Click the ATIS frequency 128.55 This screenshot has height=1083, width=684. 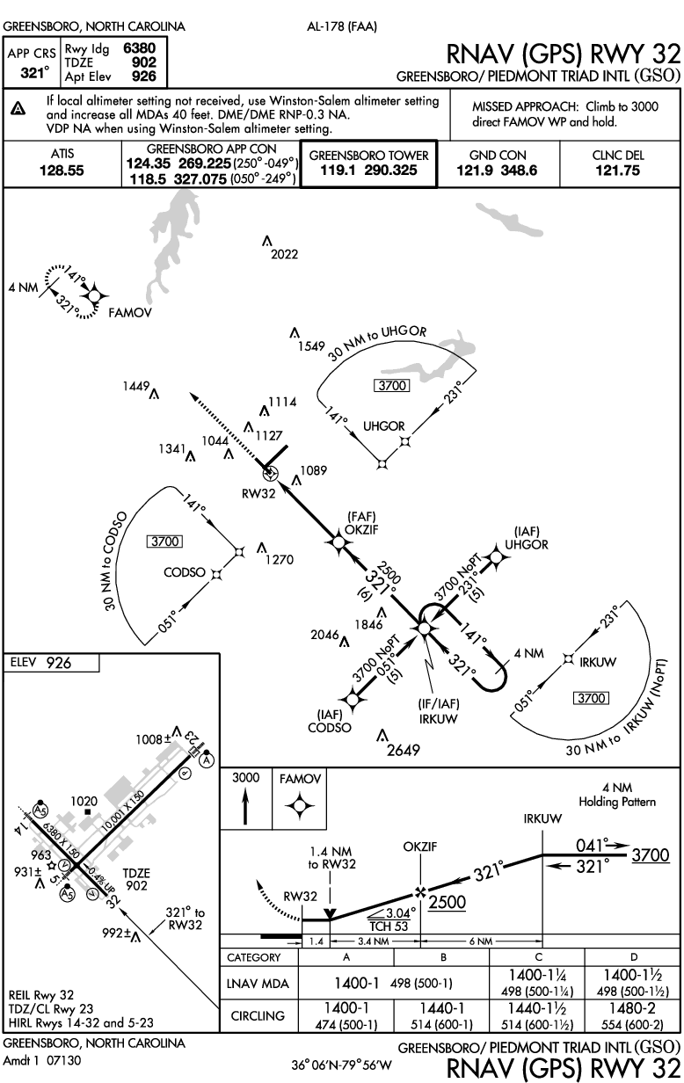pos(62,171)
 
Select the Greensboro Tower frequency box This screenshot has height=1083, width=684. pos(368,163)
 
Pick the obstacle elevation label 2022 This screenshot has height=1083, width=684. pos(284,255)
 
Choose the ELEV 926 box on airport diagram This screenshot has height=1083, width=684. pos(50,663)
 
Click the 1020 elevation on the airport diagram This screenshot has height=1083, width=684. pos(84,802)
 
